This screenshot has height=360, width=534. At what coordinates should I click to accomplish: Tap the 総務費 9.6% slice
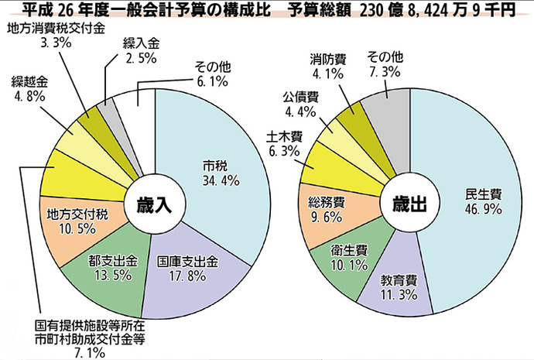(x=325, y=208)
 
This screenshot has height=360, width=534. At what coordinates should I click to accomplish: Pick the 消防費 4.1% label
(x=326, y=66)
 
